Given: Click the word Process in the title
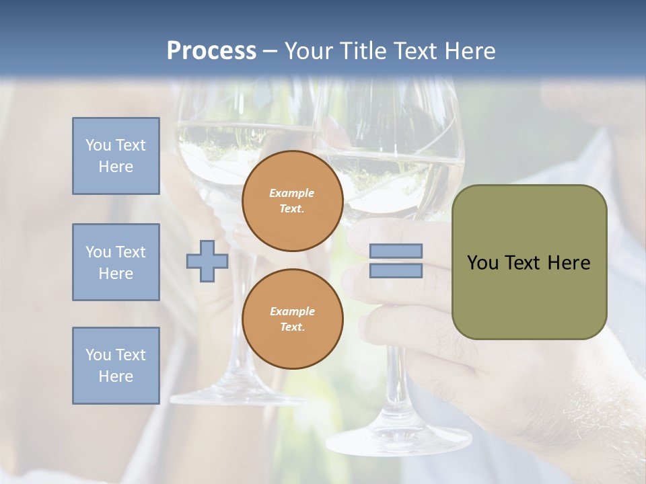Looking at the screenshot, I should (211, 50).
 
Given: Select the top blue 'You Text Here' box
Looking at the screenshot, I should (116, 156).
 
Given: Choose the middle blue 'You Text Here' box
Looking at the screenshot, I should (116, 262).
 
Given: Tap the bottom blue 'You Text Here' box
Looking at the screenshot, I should (116, 366).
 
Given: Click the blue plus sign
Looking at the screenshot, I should (207, 261).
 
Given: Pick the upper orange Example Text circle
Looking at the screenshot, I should (292, 200).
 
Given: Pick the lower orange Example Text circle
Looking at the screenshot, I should (292, 319).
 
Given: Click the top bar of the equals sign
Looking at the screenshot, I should (396, 251).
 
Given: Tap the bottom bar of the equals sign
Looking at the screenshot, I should (396, 271).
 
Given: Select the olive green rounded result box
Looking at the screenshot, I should (529, 262).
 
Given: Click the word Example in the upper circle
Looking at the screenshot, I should (292, 193).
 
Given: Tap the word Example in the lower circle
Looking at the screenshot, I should (292, 311).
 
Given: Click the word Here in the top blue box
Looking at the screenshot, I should (116, 167).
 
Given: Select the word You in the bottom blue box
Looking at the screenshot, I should (97, 355).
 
